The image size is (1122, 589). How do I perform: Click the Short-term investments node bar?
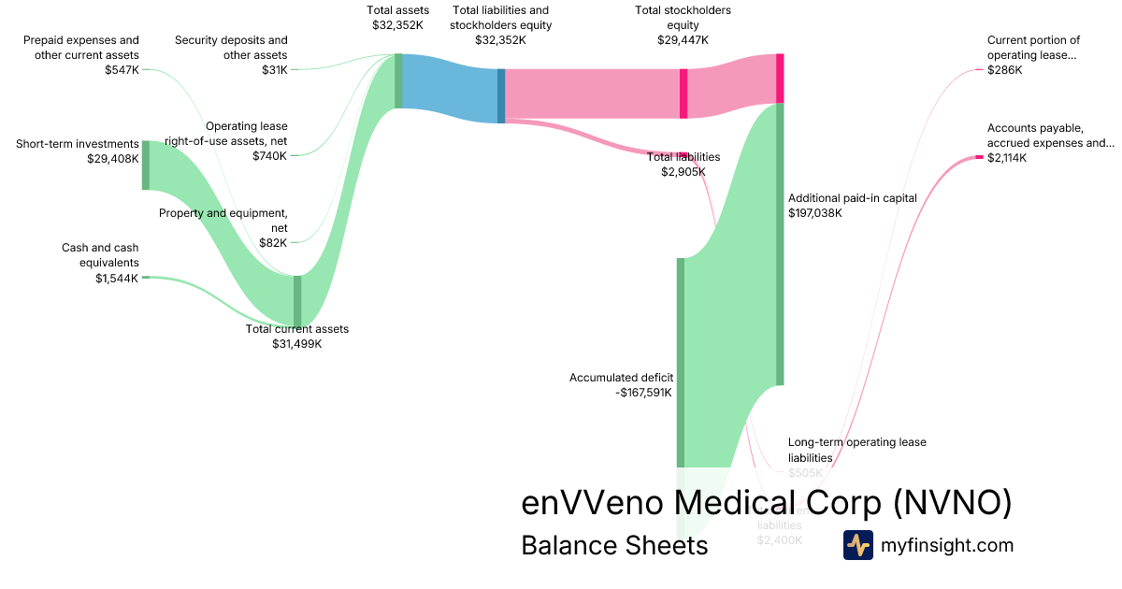145,165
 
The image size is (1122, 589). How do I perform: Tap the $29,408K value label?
112,159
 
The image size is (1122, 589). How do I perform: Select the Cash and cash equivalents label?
100,255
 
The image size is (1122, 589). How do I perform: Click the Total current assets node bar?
297,299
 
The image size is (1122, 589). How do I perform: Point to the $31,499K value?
296,344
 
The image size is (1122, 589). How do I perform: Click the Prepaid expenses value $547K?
122,70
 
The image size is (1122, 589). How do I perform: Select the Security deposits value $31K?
274,70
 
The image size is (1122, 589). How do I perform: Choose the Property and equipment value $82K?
275,242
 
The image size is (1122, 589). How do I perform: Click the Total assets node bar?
398,81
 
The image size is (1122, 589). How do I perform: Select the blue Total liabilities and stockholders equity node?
501,95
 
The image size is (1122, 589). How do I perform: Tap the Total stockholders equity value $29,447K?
683,40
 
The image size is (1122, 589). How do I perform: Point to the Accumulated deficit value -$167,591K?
644,393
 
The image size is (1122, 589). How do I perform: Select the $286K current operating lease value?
1005,70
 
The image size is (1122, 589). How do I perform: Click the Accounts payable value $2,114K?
1006,158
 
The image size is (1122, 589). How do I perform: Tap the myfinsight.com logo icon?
857,545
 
